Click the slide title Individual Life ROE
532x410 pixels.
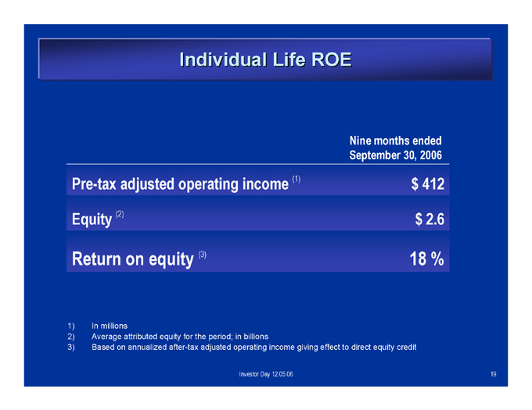pos(265,60)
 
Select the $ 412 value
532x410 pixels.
pos(427,184)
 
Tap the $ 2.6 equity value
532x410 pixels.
pos(430,219)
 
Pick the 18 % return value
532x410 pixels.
pos(427,259)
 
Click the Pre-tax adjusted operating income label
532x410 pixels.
pos(180,184)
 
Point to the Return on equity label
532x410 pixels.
pos(133,259)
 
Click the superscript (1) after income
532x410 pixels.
pos(297,179)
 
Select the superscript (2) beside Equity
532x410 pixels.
pos(120,214)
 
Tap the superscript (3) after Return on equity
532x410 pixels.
pos(202,255)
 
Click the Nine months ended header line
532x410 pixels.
pos(396,141)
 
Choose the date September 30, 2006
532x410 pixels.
pos(396,155)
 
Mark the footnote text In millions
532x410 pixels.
pos(110,326)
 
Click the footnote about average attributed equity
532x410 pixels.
pos(180,337)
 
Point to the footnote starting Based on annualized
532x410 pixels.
pos(253,348)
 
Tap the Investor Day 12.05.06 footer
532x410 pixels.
pos(266,374)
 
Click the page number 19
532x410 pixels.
pos(494,374)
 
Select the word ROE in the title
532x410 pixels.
pos(331,60)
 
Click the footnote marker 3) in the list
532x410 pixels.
pos(71,348)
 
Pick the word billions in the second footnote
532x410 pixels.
pos(256,337)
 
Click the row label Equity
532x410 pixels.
pos(92,219)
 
